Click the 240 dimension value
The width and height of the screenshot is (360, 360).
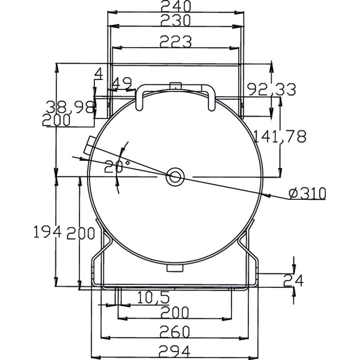pyautogui.click(x=176, y=6)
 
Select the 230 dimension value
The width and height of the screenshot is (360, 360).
pyautogui.click(x=176, y=20)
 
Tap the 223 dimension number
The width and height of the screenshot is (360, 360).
pyautogui.click(x=176, y=42)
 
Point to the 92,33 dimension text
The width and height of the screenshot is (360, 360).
pyautogui.click(x=272, y=89)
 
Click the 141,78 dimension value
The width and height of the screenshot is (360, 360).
pyautogui.click(x=279, y=137)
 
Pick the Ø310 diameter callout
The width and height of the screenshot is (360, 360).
pyautogui.click(x=307, y=193)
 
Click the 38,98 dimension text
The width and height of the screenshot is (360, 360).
pyautogui.click(x=70, y=107)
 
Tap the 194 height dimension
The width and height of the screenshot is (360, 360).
pyautogui.click(x=48, y=232)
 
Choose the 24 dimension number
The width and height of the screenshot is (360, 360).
pyautogui.click(x=294, y=281)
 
